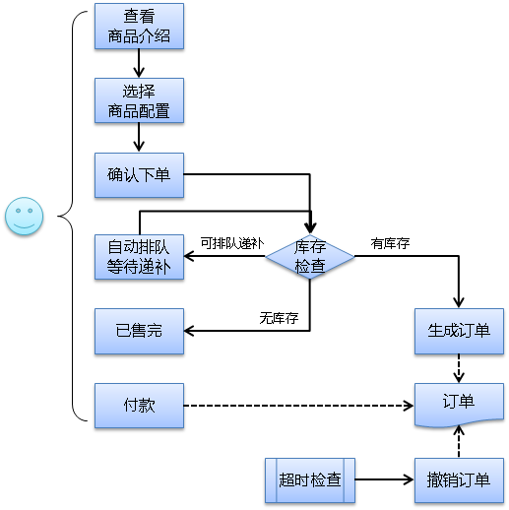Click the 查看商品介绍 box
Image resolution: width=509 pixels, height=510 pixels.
click(139, 27)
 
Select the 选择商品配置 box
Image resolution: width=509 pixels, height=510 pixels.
click(139, 100)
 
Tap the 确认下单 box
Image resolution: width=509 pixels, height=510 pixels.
click(139, 175)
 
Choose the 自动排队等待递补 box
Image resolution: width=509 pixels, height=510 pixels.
click(139, 257)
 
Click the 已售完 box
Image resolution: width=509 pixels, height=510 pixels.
click(139, 331)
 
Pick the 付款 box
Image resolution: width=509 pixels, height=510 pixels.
click(139, 406)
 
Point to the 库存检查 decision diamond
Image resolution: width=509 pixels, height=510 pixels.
click(310, 257)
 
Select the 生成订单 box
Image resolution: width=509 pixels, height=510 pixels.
click(459, 331)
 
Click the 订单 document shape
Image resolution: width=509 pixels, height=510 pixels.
click(459, 405)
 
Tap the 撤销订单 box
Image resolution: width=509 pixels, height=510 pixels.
click(459, 480)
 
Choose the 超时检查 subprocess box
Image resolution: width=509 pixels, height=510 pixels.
click(310, 480)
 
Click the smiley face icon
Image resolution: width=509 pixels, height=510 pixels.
click(25, 217)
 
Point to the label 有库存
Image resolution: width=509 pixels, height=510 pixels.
click(390, 243)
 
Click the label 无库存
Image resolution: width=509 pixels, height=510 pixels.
click(279, 318)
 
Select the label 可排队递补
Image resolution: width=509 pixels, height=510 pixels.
click(232, 243)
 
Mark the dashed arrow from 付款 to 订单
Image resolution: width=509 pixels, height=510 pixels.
click(298, 406)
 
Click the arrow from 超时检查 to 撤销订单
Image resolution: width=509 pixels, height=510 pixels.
click(385, 479)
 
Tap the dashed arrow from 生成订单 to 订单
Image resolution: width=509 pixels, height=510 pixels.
click(459, 368)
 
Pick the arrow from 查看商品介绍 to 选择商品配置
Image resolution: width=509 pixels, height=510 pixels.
click(139, 63)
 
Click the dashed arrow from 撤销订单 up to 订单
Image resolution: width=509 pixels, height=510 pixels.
click(459, 441)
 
